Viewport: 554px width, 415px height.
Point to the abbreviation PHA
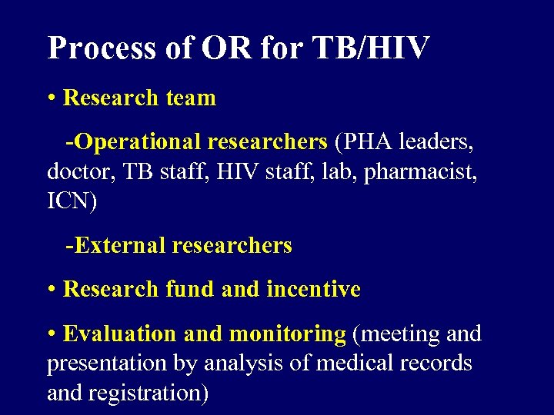[361, 142]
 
